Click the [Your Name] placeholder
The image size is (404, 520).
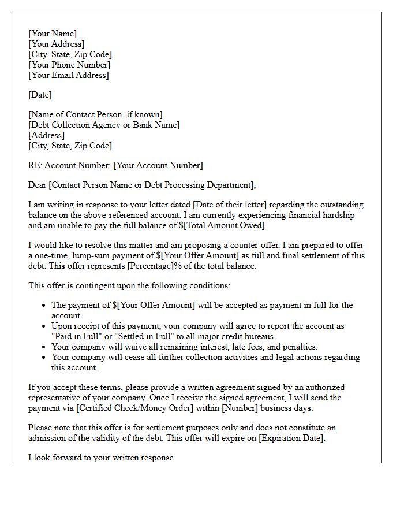tap(53, 34)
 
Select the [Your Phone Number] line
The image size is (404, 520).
tap(69, 65)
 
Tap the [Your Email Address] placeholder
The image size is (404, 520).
tap(69, 75)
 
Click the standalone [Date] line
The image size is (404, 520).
tap(40, 95)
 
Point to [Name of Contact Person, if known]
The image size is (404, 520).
tap(95, 114)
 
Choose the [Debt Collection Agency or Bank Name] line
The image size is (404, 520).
tap(104, 125)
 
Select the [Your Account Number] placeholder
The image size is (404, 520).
tap(158, 165)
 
